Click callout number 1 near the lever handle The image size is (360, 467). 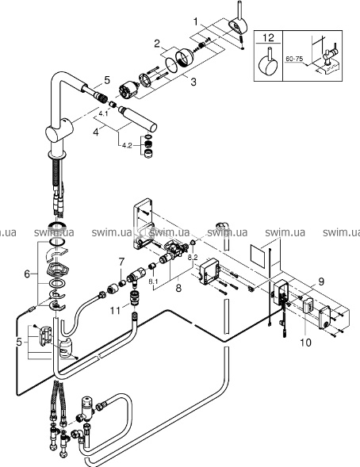tap(196, 21)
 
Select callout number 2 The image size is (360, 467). tap(157, 44)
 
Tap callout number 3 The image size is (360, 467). tap(193, 82)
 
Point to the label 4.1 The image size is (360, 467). tap(103, 113)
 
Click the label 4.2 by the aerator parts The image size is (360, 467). tap(127, 145)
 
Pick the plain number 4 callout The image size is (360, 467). tap(96, 132)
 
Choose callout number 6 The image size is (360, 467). tap(27, 274)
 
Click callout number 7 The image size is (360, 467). tap(121, 262)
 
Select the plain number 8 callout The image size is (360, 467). tap(178, 288)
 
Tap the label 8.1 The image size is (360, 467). tap(153, 281)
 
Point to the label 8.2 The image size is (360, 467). tap(193, 258)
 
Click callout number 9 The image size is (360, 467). tap(320, 281)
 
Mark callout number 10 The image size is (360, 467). tap(305, 343)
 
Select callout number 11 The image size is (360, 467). tap(115, 311)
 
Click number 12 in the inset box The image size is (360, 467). tap(268, 38)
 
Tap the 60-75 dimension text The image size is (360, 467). tap(294, 59)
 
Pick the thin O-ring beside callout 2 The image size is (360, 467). tap(171, 65)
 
